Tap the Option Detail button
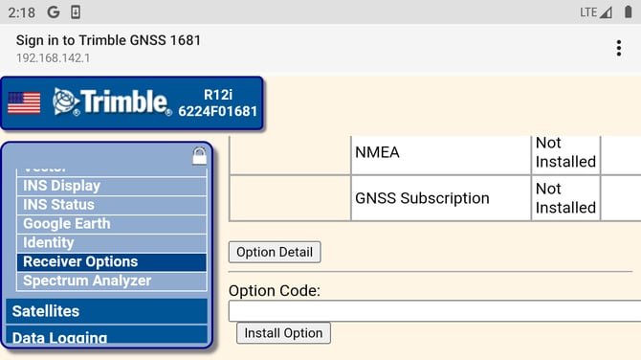[275, 252]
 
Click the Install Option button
[283, 333]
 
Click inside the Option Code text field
[434, 311]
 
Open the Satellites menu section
[106, 311]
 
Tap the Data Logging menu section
[106, 337]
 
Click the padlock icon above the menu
[199, 154]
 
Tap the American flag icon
[24, 103]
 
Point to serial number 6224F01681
[218, 112]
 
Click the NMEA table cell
[441, 152]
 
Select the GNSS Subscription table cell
[441, 198]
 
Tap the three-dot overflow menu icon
[619, 49]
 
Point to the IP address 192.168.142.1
[55, 56]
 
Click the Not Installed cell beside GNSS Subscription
[565, 198]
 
